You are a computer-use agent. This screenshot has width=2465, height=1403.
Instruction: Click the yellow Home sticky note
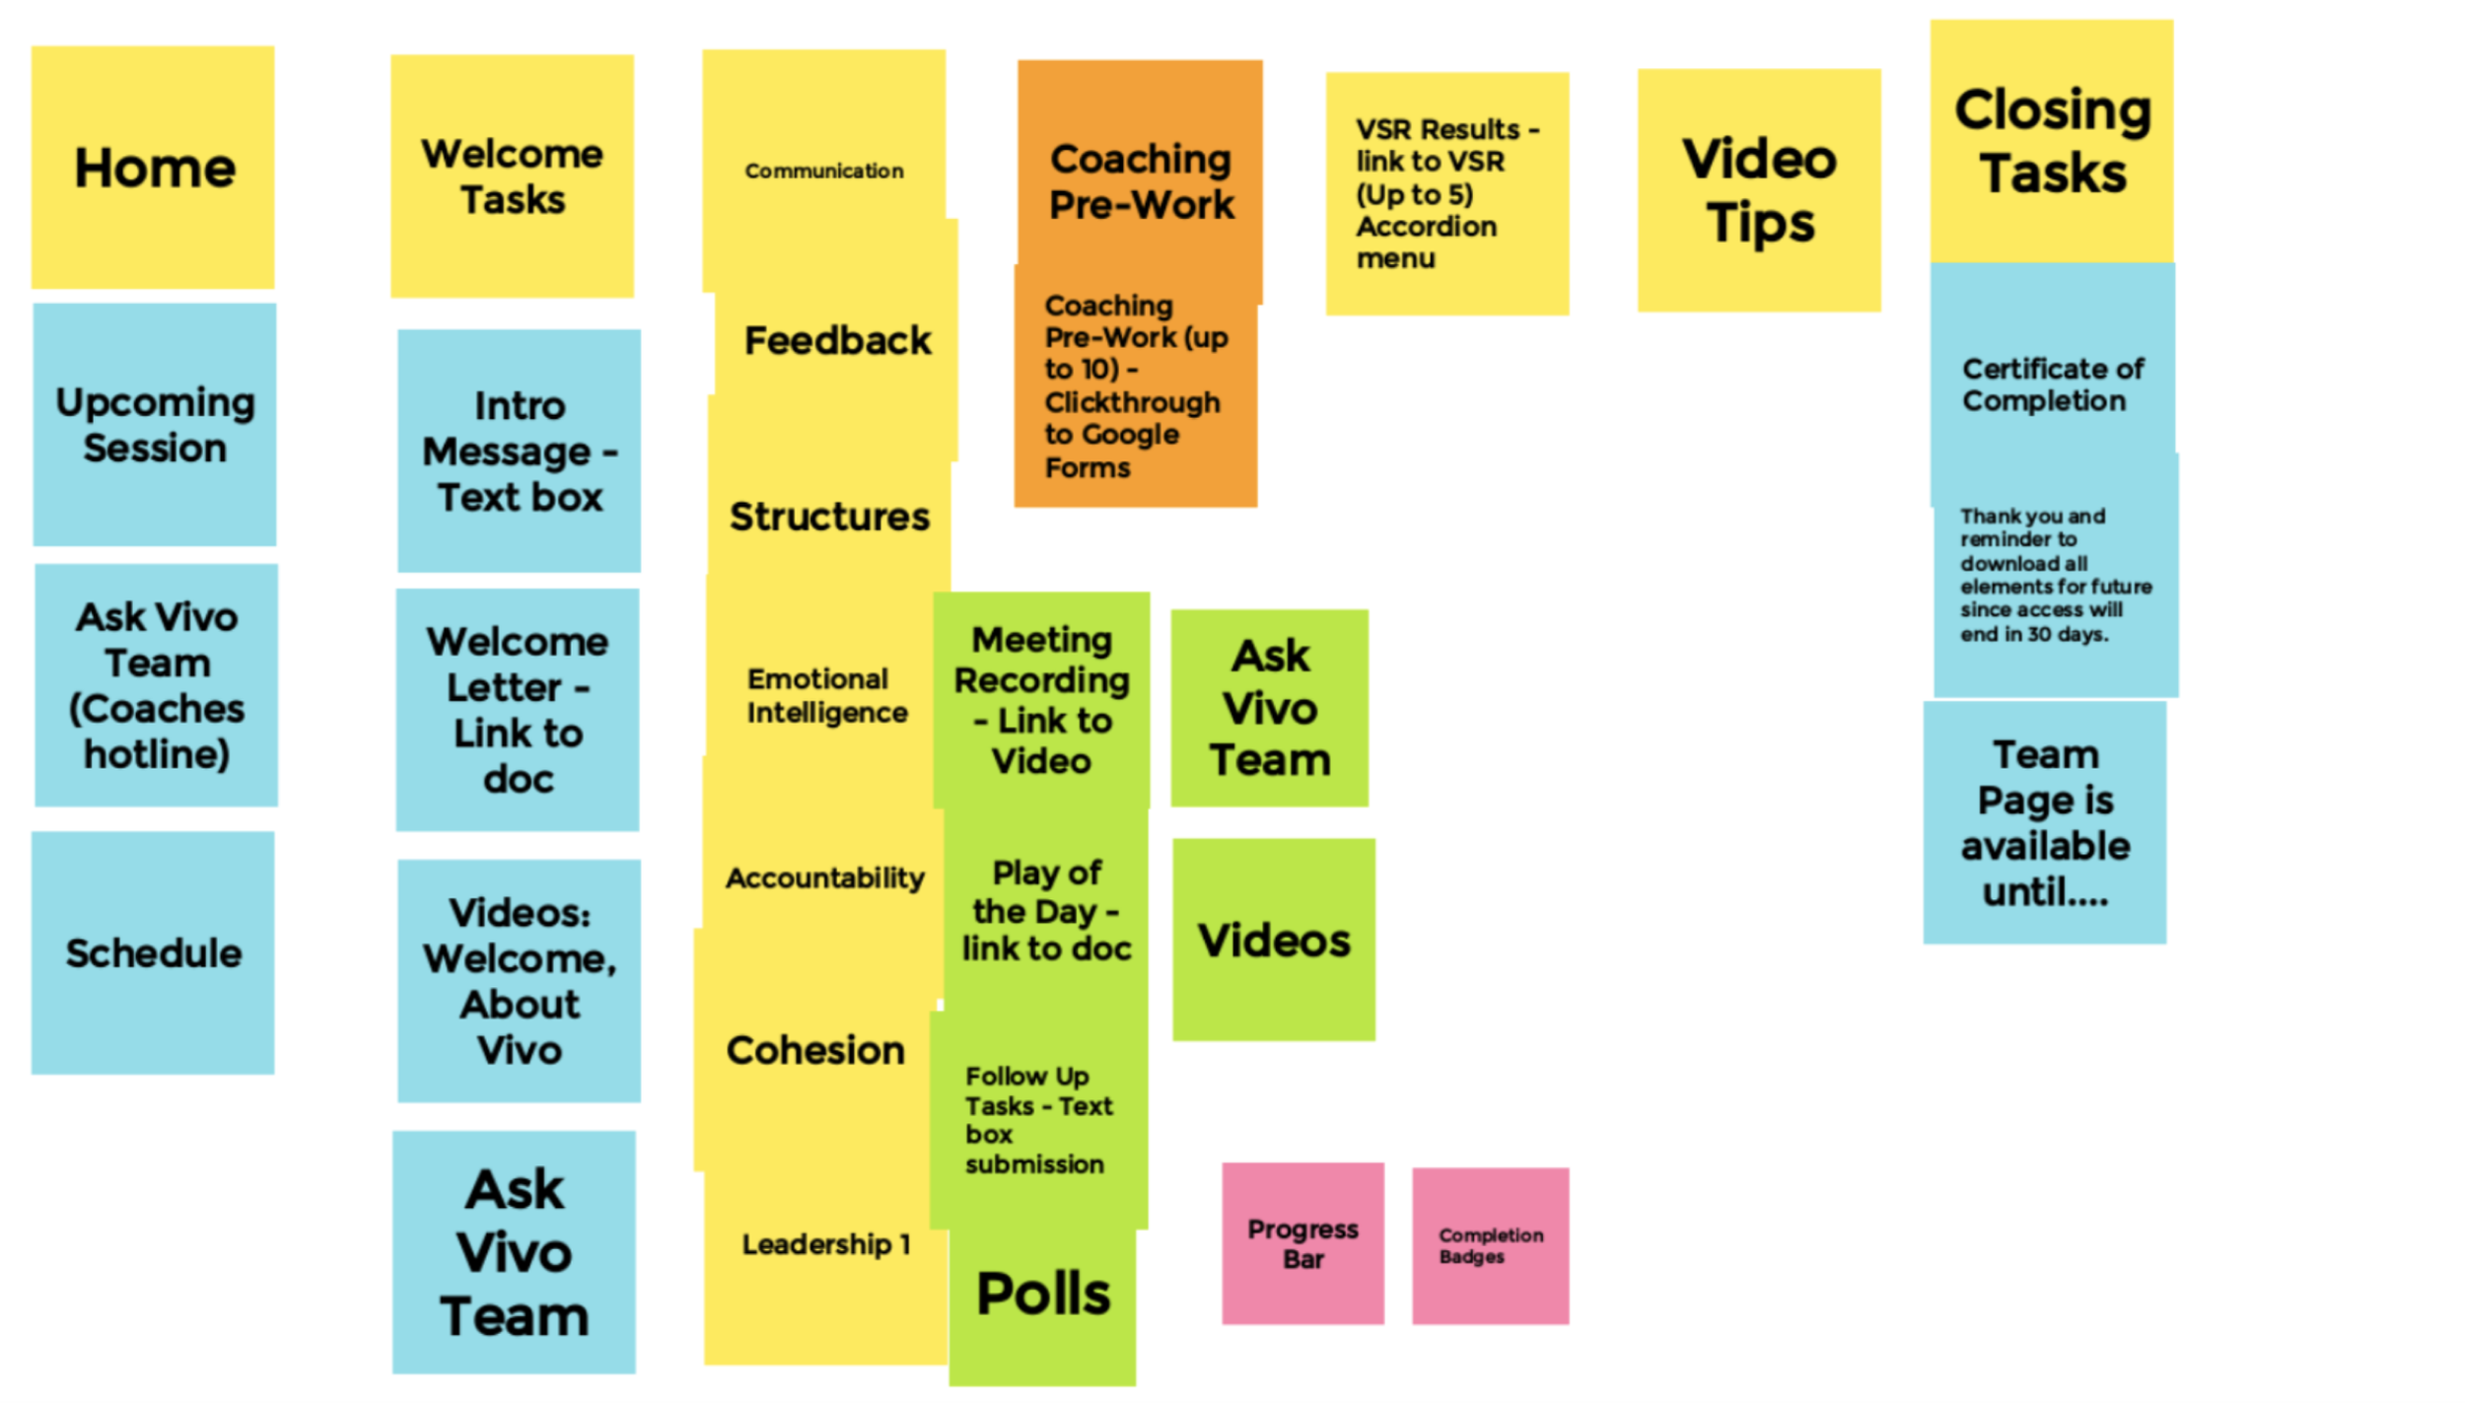pos(154,168)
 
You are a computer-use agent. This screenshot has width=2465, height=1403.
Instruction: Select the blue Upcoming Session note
pos(155,425)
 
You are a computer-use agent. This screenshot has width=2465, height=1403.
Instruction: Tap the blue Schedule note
pos(153,953)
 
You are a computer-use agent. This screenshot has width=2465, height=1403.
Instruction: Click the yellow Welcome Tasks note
pos(512,176)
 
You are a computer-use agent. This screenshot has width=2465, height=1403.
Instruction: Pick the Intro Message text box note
pos(519,451)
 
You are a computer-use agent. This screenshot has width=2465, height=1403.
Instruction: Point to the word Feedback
pos(837,341)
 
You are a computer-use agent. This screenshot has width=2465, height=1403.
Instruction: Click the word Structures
pos(829,517)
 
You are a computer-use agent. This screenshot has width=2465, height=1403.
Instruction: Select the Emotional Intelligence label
pos(826,696)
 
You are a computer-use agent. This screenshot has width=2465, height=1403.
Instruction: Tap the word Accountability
pos(825,877)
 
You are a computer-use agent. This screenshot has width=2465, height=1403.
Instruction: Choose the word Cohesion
pos(815,1050)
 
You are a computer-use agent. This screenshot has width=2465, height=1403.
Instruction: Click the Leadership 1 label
pos(825,1244)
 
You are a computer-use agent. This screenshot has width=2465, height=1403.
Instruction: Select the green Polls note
pos(1043,1295)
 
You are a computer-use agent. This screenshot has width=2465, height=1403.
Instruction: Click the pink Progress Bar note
pos(1303,1243)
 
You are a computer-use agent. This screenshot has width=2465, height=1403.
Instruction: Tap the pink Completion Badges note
pos(1490,1245)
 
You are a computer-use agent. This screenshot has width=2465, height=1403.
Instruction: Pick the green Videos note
pos(1273,941)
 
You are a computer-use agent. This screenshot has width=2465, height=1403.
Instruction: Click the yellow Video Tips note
pos(1759,190)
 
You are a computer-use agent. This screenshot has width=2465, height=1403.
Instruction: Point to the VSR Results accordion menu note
pos(1446,193)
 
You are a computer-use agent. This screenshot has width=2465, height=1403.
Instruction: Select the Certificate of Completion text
pos(2052,385)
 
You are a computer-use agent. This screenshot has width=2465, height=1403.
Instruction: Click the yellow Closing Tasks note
pos(2052,141)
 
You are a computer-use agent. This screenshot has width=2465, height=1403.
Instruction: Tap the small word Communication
pos(823,171)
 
